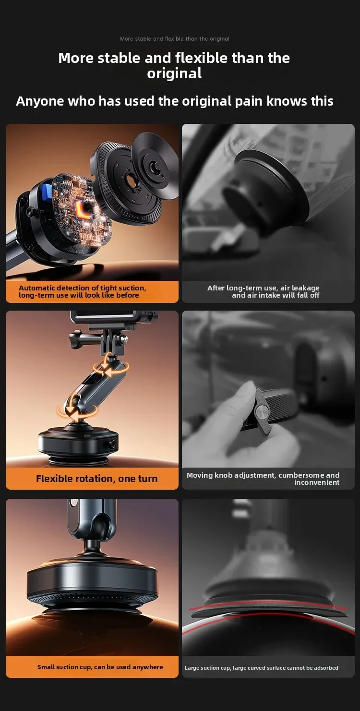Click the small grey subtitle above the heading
(175, 39)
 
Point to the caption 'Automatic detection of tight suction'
(82, 288)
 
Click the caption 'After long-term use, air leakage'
(263, 288)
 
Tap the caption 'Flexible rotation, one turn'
(96, 479)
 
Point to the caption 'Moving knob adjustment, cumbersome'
(263, 475)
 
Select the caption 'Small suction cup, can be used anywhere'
(100, 667)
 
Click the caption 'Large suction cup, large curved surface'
(262, 668)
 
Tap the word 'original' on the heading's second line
(174, 73)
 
